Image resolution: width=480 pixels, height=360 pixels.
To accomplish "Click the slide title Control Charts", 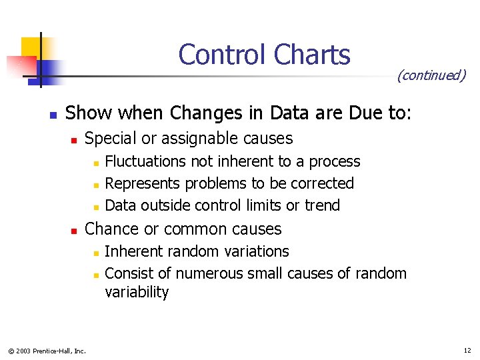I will click(264, 55).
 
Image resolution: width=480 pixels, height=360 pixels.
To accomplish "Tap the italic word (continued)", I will click(431, 75).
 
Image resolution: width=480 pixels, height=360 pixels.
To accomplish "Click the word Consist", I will click(128, 273).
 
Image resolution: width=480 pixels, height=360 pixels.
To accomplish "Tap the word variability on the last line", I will click(137, 292).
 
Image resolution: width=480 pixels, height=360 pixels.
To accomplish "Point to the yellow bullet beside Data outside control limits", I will click(95, 206).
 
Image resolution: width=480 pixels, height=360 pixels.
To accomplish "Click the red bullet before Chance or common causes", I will click(75, 230).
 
